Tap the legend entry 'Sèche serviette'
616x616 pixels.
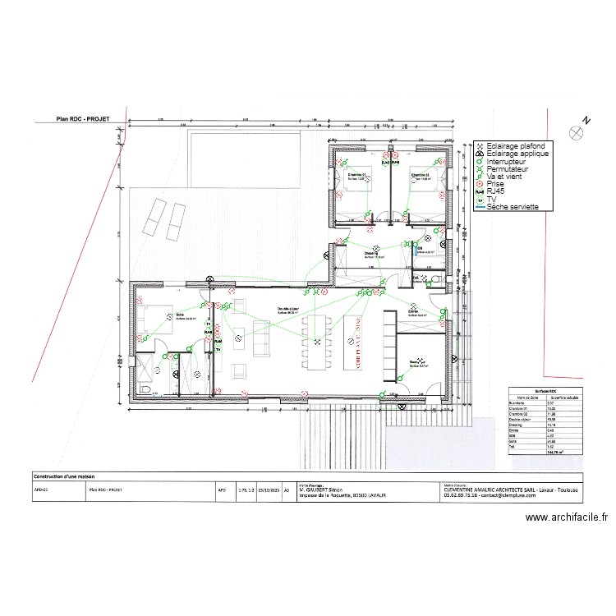point(513,207)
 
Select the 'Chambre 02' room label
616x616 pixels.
point(421,175)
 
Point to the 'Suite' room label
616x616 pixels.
point(179,315)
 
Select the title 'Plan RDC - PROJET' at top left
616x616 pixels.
point(82,118)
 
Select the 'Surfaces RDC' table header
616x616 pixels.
point(545,392)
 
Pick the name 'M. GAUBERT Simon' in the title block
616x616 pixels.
point(324,489)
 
